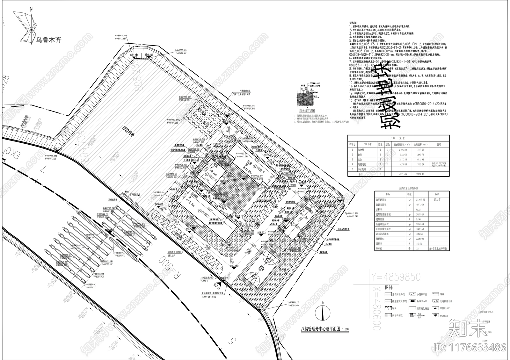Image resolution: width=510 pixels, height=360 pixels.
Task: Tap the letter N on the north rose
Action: (x=31, y=10)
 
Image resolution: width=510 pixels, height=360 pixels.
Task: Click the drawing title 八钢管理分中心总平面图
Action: (x=320, y=329)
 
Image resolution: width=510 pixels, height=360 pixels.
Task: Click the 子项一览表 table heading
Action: (x=397, y=138)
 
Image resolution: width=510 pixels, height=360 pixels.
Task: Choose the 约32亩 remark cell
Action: (x=437, y=200)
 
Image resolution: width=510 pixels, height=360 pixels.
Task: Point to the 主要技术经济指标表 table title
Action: (x=412, y=188)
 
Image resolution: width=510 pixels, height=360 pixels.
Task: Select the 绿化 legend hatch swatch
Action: (x=388, y=308)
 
